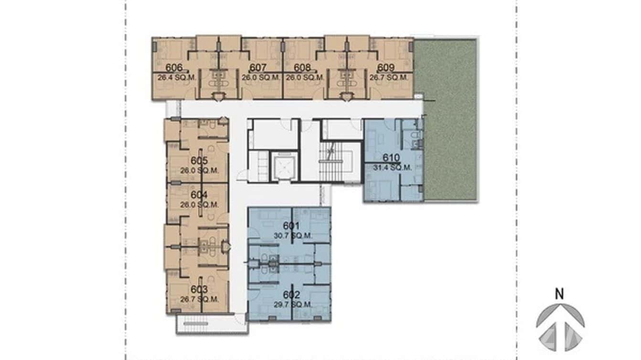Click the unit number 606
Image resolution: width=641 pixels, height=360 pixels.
pyautogui.click(x=173, y=67)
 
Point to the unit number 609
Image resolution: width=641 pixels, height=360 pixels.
pyautogui.click(x=385, y=67)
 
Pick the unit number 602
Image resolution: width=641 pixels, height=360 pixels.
pyautogui.click(x=291, y=295)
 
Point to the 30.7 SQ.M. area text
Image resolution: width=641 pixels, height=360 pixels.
pyautogui.click(x=293, y=235)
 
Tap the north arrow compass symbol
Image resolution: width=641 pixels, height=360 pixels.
pyautogui.click(x=560, y=327)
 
